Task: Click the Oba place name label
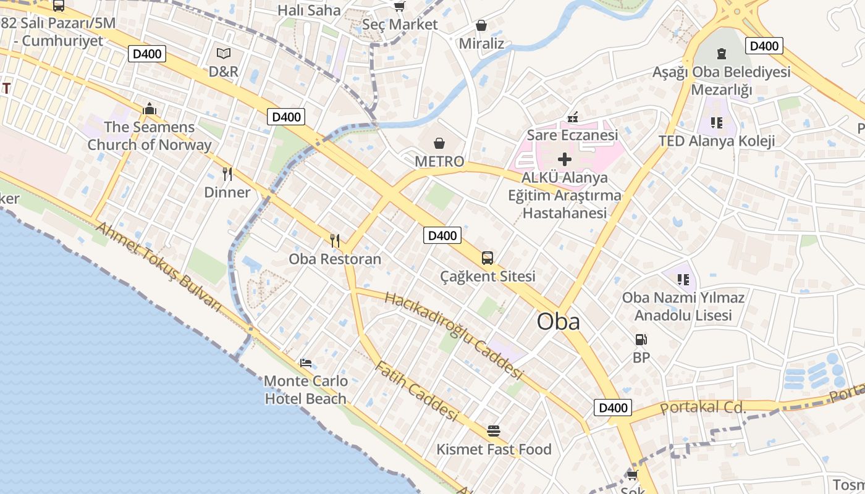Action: tap(558, 322)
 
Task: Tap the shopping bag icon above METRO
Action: tap(439, 144)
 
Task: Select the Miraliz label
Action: tap(481, 44)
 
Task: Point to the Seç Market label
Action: tap(400, 25)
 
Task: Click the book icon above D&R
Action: tap(223, 54)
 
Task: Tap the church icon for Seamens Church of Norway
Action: tap(149, 109)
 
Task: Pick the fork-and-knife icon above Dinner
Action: tap(227, 174)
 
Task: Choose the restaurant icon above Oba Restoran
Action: tap(335, 241)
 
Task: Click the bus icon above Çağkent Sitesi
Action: tap(487, 258)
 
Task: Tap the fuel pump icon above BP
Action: tap(641, 340)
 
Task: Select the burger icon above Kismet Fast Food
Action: tap(493, 430)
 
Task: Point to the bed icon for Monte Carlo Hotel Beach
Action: tap(306, 362)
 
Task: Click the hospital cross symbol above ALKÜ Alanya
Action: tap(565, 159)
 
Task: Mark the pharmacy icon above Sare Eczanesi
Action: tap(572, 117)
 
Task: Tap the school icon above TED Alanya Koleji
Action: tap(717, 122)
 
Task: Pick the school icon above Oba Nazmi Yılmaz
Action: tap(683, 280)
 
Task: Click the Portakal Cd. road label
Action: tap(703, 408)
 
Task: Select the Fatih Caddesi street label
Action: tap(416, 391)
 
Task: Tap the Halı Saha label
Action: tap(309, 10)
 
